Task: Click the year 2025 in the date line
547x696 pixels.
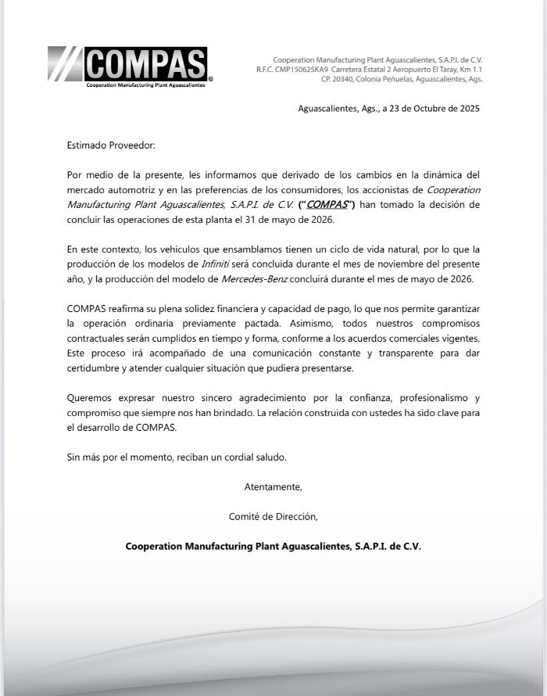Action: click(467, 109)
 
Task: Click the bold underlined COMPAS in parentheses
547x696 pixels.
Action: click(327, 205)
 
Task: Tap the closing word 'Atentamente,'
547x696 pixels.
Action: click(273, 486)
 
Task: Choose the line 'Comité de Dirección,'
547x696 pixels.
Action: click(273, 516)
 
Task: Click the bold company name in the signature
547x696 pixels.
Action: click(273, 547)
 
